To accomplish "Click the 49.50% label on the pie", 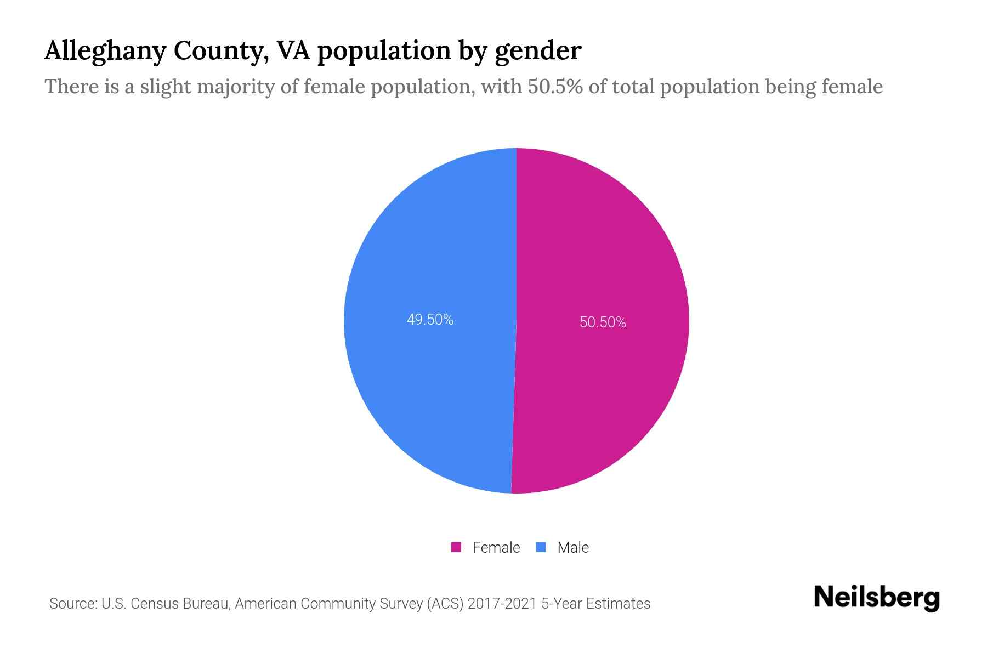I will point(430,319).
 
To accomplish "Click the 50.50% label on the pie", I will point(603,322).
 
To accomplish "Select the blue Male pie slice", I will point(417,384).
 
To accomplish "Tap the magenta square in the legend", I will point(456,547).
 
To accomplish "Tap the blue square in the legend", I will point(541,547).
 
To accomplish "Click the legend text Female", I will point(496,547).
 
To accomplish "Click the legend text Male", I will point(572,547).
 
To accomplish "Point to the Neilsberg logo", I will point(876,598).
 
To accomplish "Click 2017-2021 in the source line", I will point(502,604).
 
